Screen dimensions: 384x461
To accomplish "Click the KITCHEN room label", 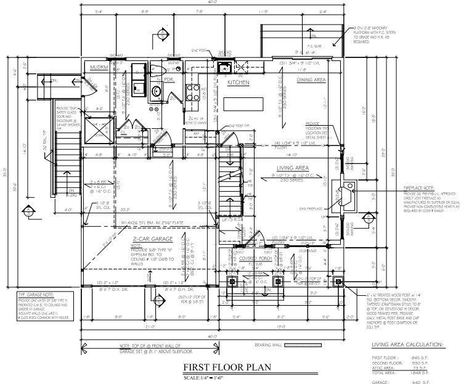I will [x=238, y=82].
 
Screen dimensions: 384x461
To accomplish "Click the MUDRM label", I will [x=99, y=68].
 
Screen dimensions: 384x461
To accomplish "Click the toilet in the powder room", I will [x=155, y=69].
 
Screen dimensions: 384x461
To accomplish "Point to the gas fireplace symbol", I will [x=343, y=194].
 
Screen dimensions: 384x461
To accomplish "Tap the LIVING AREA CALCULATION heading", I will [x=407, y=345].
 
